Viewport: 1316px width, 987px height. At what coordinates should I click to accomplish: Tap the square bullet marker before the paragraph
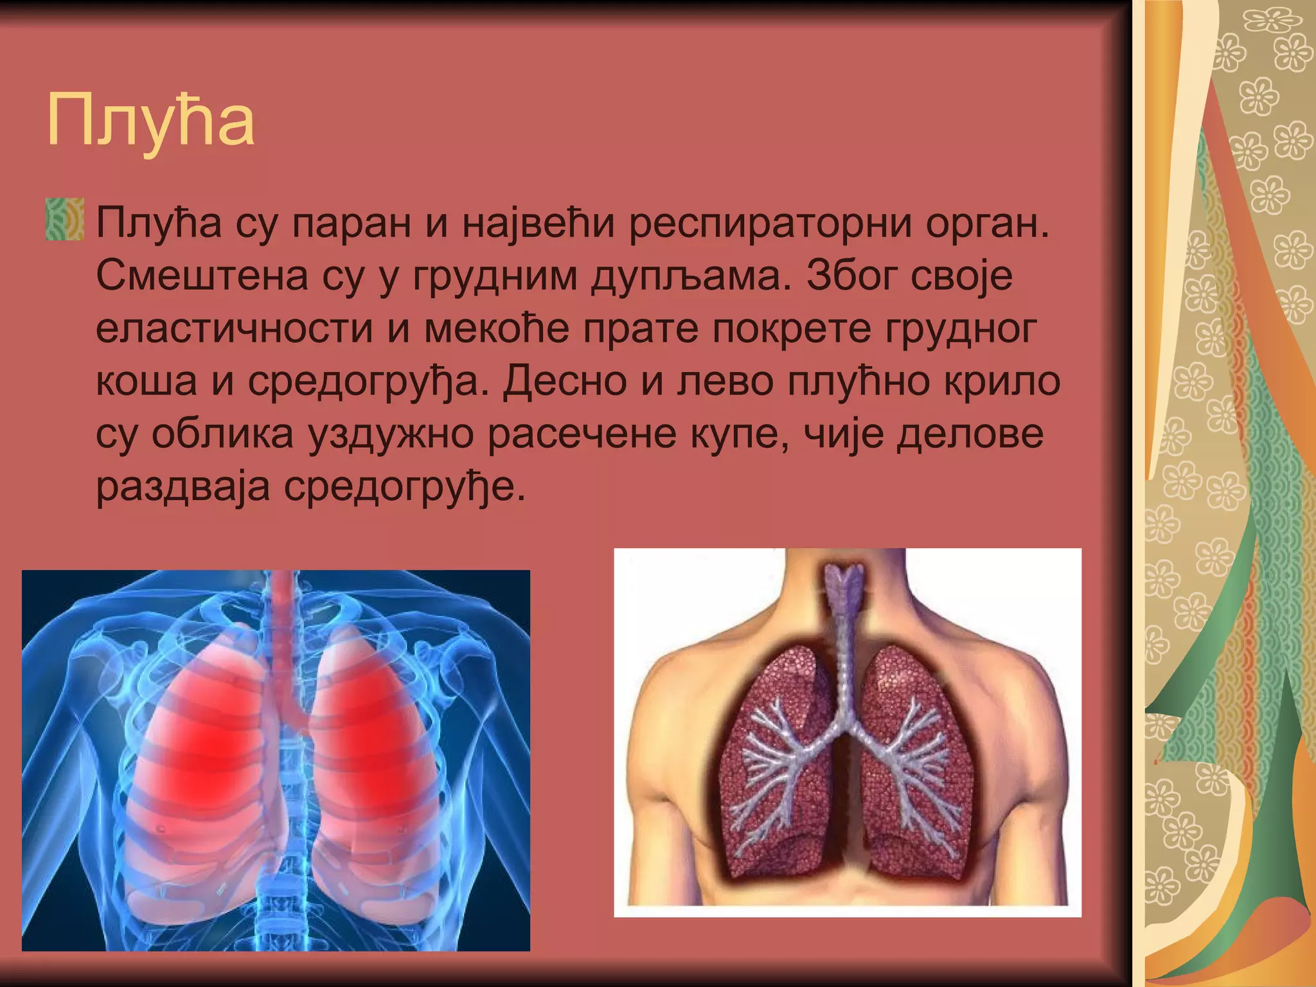65,220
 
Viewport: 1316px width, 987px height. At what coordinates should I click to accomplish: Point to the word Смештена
202,276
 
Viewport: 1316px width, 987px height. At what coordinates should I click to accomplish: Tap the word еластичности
234,329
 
